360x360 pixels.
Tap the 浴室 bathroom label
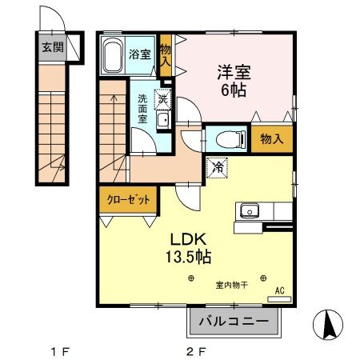[141, 54]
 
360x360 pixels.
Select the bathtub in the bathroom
[114, 55]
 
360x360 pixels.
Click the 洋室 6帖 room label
[234, 81]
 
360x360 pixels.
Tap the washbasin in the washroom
[162, 121]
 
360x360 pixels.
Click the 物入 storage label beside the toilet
[272, 139]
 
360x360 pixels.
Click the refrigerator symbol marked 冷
[218, 168]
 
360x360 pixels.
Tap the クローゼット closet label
[128, 200]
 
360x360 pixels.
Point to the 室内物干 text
[230, 285]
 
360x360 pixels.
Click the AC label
[280, 290]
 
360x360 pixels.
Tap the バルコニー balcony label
[237, 324]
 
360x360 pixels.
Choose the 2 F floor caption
[196, 350]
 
